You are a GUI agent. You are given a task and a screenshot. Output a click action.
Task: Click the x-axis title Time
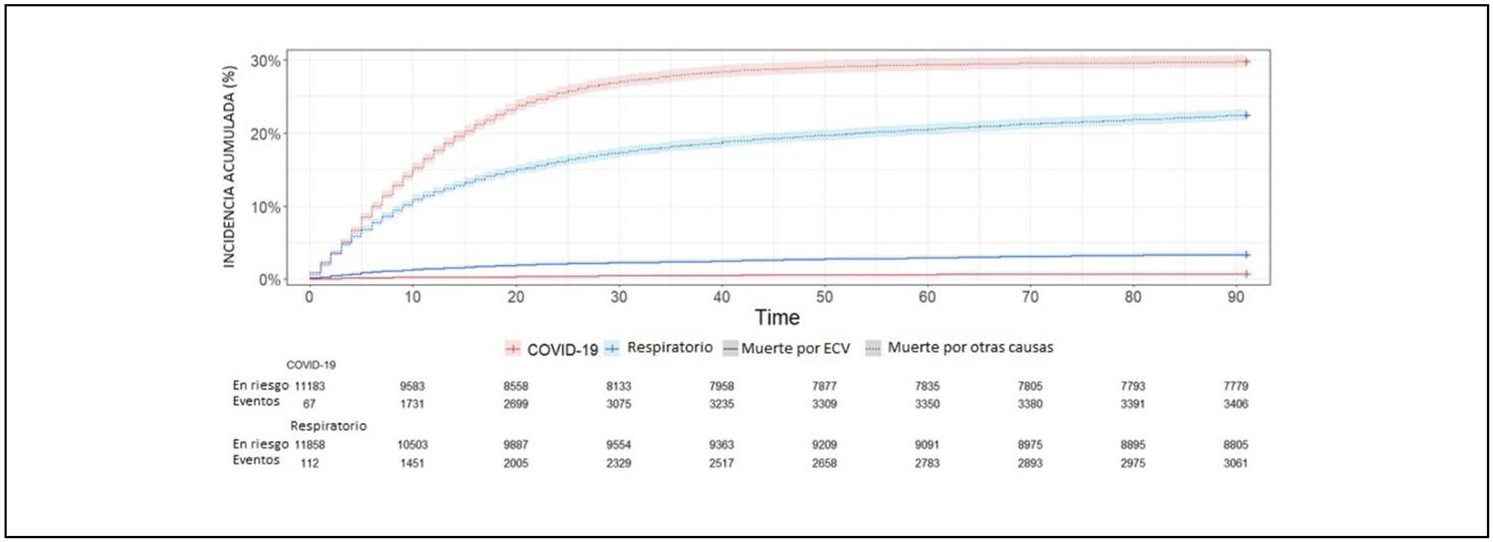click(775, 318)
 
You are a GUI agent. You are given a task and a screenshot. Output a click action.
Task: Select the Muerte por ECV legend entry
click(783, 349)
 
